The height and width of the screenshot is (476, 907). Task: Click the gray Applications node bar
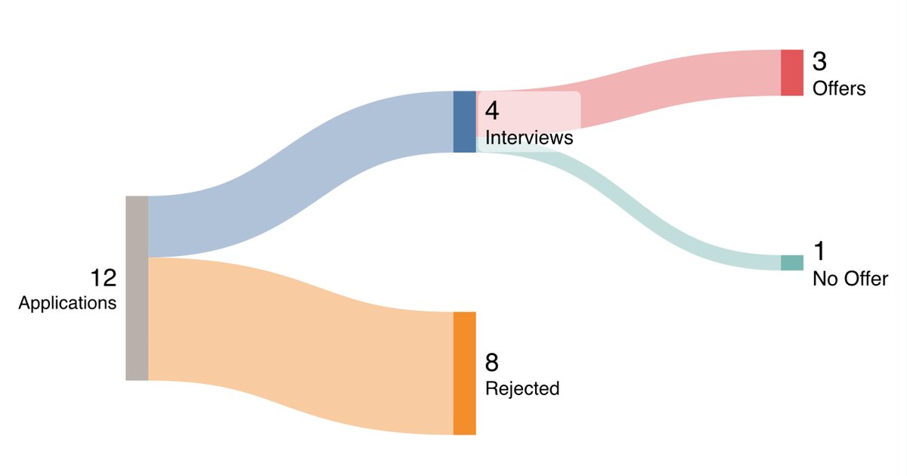point(137,288)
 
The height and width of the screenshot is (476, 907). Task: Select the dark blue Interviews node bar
point(464,122)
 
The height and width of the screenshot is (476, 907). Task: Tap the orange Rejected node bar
point(464,373)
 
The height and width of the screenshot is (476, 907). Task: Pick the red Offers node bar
point(791,73)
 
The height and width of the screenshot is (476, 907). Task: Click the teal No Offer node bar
point(791,262)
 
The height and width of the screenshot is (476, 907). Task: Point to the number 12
point(104,278)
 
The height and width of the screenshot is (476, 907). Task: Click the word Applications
point(67,304)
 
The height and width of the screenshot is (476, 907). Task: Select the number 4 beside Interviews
point(492,111)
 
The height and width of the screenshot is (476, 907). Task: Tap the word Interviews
point(529,138)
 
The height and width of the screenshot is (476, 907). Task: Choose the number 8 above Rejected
point(492,363)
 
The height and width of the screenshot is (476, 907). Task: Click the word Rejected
point(522,388)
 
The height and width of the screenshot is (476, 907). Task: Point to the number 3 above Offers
point(820,62)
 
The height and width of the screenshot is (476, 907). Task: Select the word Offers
point(839,88)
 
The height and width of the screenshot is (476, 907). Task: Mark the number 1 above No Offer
point(819,252)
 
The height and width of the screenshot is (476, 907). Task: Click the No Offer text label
point(850,279)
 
